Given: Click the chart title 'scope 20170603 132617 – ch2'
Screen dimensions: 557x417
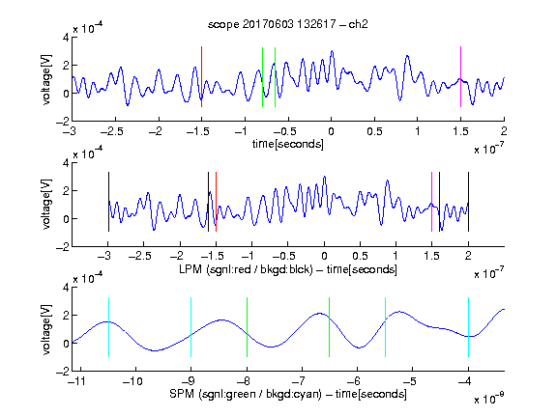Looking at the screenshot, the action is (x=288, y=24).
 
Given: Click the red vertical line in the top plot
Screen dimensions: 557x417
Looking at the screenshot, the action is (x=201, y=76).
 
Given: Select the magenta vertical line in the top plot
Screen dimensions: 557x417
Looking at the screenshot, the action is (x=460, y=76).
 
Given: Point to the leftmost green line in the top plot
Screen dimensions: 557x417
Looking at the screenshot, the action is (x=262, y=76).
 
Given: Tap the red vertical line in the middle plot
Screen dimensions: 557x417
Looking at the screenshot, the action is (x=216, y=202).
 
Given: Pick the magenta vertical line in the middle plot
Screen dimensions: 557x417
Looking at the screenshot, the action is (x=431, y=202).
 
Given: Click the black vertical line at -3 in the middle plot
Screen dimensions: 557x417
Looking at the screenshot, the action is (x=108, y=202).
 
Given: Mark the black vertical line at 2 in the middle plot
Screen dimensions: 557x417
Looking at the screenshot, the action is (x=468, y=202).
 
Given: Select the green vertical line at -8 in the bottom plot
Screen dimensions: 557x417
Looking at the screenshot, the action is (x=247, y=327).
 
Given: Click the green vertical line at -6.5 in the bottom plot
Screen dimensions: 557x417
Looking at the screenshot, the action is (x=330, y=327).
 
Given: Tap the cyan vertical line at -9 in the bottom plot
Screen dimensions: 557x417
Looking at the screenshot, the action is (x=191, y=327).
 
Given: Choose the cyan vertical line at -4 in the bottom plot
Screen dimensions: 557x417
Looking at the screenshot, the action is (x=468, y=327).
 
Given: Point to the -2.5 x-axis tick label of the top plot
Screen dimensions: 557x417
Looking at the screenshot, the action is (x=112, y=131).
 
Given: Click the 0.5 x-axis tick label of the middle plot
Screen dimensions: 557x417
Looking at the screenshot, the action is (x=360, y=256).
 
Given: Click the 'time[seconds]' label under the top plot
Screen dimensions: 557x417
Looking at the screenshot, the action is (x=288, y=144).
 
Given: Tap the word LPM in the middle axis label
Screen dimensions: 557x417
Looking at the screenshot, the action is (x=191, y=269).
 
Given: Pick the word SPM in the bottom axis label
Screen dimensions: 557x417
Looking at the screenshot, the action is (x=182, y=394).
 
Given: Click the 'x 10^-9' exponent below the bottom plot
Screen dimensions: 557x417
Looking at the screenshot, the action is (x=489, y=399).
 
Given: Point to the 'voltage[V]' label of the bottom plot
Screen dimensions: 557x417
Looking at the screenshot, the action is (x=46, y=329).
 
